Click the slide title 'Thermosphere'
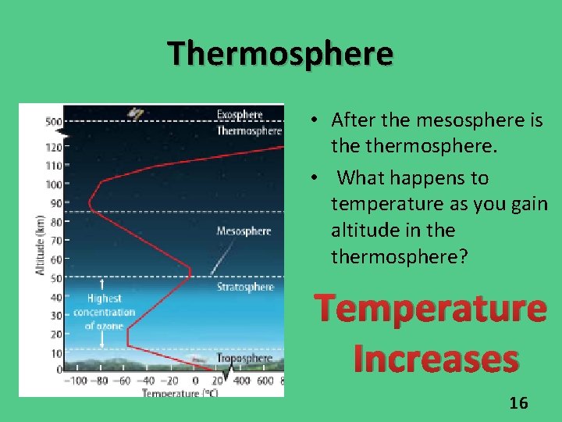pyautogui.click(x=281, y=54)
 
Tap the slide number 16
pyautogui.click(x=518, y=403)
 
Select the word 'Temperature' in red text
pyautogui.click(x=431, y=309)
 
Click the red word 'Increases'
pyautogui.click(x=436, y=359)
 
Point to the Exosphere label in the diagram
pyautogui.click(x=239, y=115)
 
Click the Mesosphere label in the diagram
pyautogui.click(x=244, y=231)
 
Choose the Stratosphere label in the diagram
pyautogui.click(x=245, y=287)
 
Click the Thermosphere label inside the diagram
pyautogui.click(x=248, y=131)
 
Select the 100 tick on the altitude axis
pyautogui.click(x=54, y=184)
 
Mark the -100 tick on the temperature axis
pyautogui.click(x=75, y=381)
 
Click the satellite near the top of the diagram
pyautogui.click(x=137, y=113)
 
